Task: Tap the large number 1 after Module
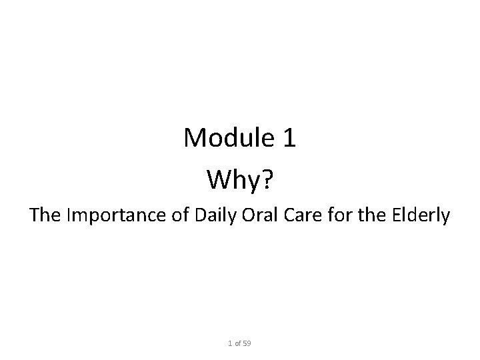289,139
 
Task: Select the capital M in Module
195,139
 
